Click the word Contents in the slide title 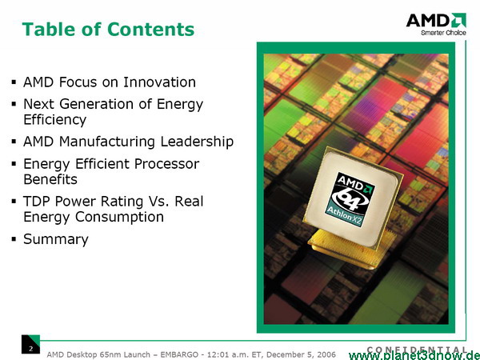151,29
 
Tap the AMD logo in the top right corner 436,20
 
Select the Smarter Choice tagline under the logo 443,33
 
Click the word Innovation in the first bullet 159,82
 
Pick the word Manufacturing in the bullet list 107,142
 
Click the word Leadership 197,142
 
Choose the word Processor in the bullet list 166,164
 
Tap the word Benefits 50,179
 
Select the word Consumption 119,217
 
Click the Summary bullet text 56,239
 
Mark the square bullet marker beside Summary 14,238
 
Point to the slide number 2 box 30,344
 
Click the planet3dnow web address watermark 414,355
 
